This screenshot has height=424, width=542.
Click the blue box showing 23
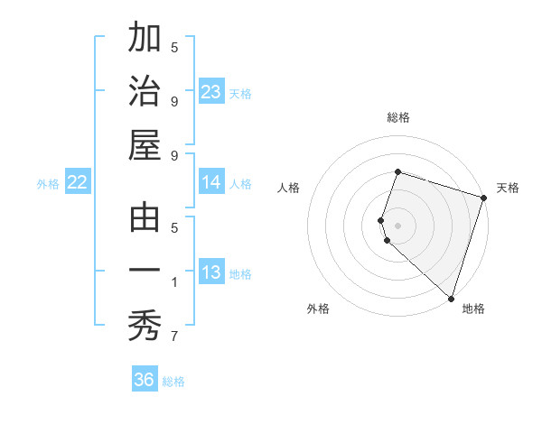click(210, 92)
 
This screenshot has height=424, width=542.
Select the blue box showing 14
click(210, 182)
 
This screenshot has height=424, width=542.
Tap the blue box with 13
click(210, 273)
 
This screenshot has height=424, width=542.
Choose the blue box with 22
click(77, 183)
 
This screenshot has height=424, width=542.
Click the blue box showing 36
click(144, 380)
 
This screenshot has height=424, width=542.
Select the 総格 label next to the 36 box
click(173, 382)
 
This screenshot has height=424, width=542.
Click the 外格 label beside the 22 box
click(48, 184)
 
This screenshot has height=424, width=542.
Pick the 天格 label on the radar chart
click(508, 188)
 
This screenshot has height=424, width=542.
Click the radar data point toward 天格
click(483, 197)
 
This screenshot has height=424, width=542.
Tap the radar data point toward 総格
click(397, 172)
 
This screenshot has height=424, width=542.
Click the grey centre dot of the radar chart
click(397, 225)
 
